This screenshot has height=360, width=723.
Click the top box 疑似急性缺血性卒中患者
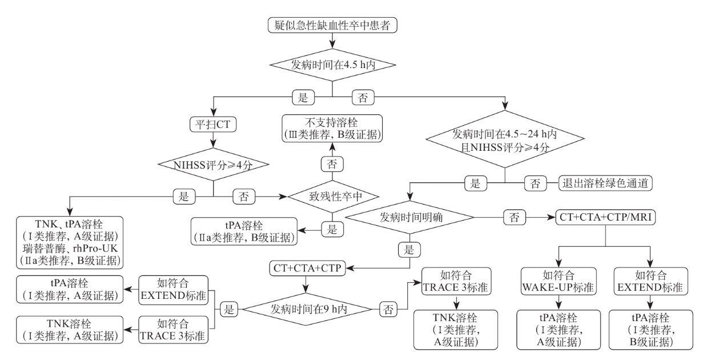[x=332, y=25]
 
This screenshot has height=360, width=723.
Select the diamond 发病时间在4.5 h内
[x=332, y=65]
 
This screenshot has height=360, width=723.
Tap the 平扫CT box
[x=212, y=123]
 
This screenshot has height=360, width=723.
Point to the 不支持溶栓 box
[x=332, y=128]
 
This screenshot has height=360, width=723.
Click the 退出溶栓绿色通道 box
[x=605, y=183]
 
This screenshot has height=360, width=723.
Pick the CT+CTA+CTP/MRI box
[x=605, y=217]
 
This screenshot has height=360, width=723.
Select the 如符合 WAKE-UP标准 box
[x=558, y=281]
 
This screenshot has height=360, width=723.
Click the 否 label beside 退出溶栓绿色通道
[x=535, y=183]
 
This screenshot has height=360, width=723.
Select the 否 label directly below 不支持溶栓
[x=332, y=163]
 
